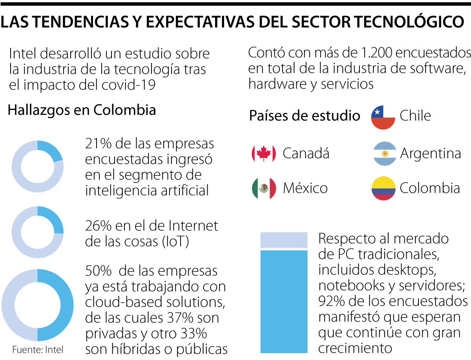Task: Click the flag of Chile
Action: [383, 117]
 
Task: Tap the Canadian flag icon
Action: [264, 154]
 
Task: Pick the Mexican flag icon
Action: [264, 188]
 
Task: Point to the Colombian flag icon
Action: [383, 188]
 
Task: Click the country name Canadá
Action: [306, 154]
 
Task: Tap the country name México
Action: [305, 188]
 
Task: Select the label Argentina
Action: [430, 154]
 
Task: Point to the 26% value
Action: [99, 226]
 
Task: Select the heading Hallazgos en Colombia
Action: [82, 110]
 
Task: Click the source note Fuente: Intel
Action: [38, 349]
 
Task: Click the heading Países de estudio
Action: [305, 116]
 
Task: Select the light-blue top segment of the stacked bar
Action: [284, 240]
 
